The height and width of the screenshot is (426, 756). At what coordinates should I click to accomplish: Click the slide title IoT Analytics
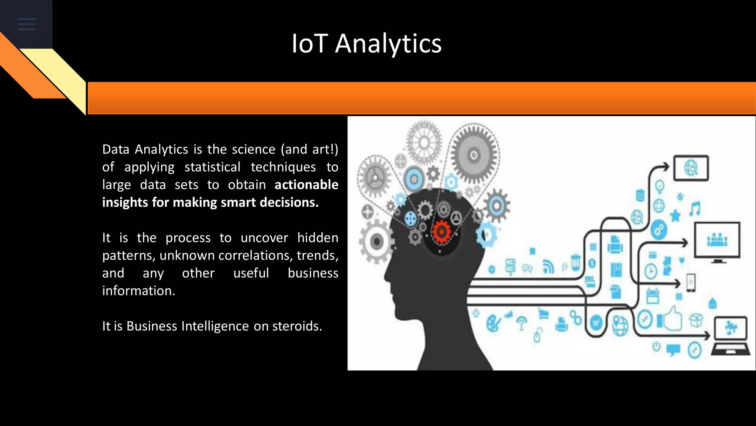pyautogui.click(x=366, y=44)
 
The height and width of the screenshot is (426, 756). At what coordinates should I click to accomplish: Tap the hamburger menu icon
pyautogui.click(x=27, y=24)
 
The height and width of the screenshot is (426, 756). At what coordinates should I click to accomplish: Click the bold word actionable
pyautogui.click(x=306, y=185)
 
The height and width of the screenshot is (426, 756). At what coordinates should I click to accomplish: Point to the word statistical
pyautogui.click(x=212, y=167)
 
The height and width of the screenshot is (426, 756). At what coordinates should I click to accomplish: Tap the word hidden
pyautogui.click(x=317, y=238)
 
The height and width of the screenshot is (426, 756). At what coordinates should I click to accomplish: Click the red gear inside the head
pyautogui.click(x=441, y=232)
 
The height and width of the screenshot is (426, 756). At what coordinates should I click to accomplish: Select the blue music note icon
pyautogui.click(x=695, y=209)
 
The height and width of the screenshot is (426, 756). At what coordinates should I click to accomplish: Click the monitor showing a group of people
pyautogui.click(x=717, y=241)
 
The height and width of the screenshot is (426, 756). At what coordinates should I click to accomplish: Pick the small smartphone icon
pyautogui.click(x=691, y=283)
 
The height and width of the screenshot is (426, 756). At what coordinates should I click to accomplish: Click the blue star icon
pyautogui.click(x=675, y=215)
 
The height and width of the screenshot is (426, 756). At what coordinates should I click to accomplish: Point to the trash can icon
pyautogui.click(x=575, y=262)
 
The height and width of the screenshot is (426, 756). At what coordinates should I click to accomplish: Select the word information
pyautogui.click(x=138, y=291)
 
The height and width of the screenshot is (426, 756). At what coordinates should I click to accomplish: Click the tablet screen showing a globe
pyautogui.click(x=691, y=168)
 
